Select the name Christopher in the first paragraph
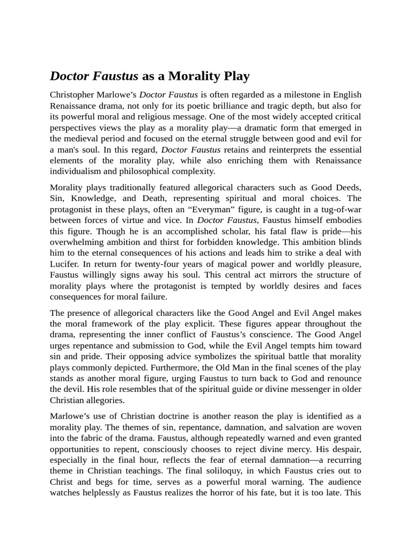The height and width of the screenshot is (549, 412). coord(73,95)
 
